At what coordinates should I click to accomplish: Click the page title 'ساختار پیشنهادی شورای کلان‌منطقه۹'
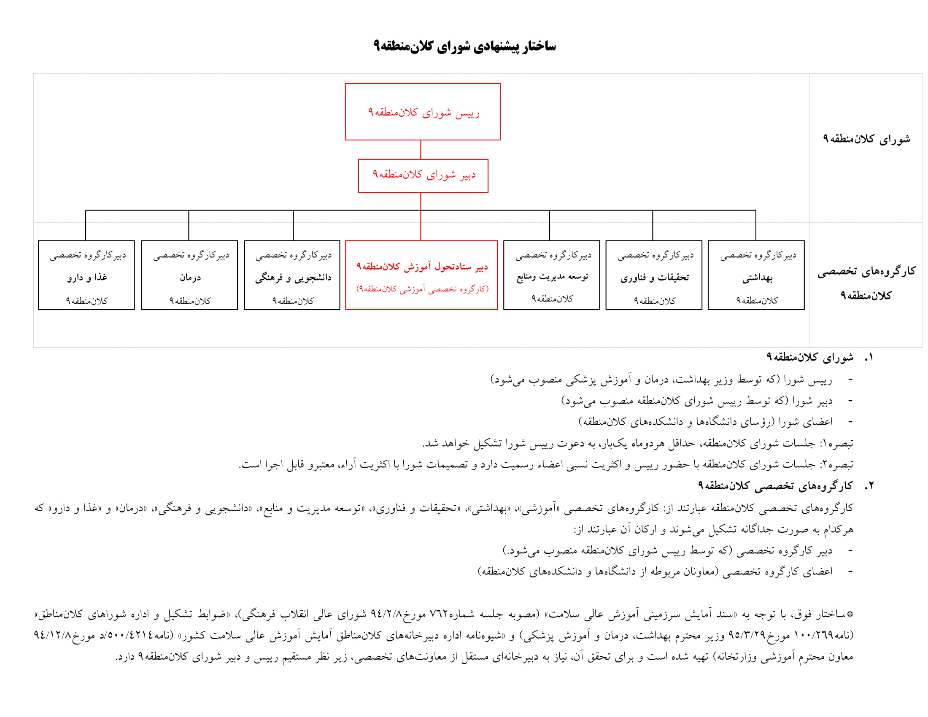click(464, 46)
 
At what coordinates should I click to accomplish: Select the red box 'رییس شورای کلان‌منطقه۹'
click(422, 112)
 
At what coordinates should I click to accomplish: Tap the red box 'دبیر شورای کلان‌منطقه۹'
click(423, 175)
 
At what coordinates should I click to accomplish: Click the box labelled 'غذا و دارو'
click(86, 275)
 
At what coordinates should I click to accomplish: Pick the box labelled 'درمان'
click(189, 275)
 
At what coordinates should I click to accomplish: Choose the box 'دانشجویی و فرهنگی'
click(292, 275)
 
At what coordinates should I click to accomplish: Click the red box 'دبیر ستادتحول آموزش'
click(421, 275)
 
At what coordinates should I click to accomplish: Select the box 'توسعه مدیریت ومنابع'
click(551, 275)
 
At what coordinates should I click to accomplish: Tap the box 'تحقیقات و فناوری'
click(653, 275)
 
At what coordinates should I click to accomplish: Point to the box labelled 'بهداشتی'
click(756, 275)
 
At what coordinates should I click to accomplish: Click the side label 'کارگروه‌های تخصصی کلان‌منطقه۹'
click(866, 283)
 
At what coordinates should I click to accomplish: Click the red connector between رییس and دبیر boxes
click(421, 150)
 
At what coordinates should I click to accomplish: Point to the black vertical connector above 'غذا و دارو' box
click(86, 226)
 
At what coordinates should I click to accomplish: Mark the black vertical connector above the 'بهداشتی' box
click(755, 226)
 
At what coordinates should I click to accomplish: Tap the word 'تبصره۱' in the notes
click(837, 443)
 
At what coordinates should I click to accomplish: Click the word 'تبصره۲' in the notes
click(837, 465)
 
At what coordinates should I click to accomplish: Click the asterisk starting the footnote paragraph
click(850, 614)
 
